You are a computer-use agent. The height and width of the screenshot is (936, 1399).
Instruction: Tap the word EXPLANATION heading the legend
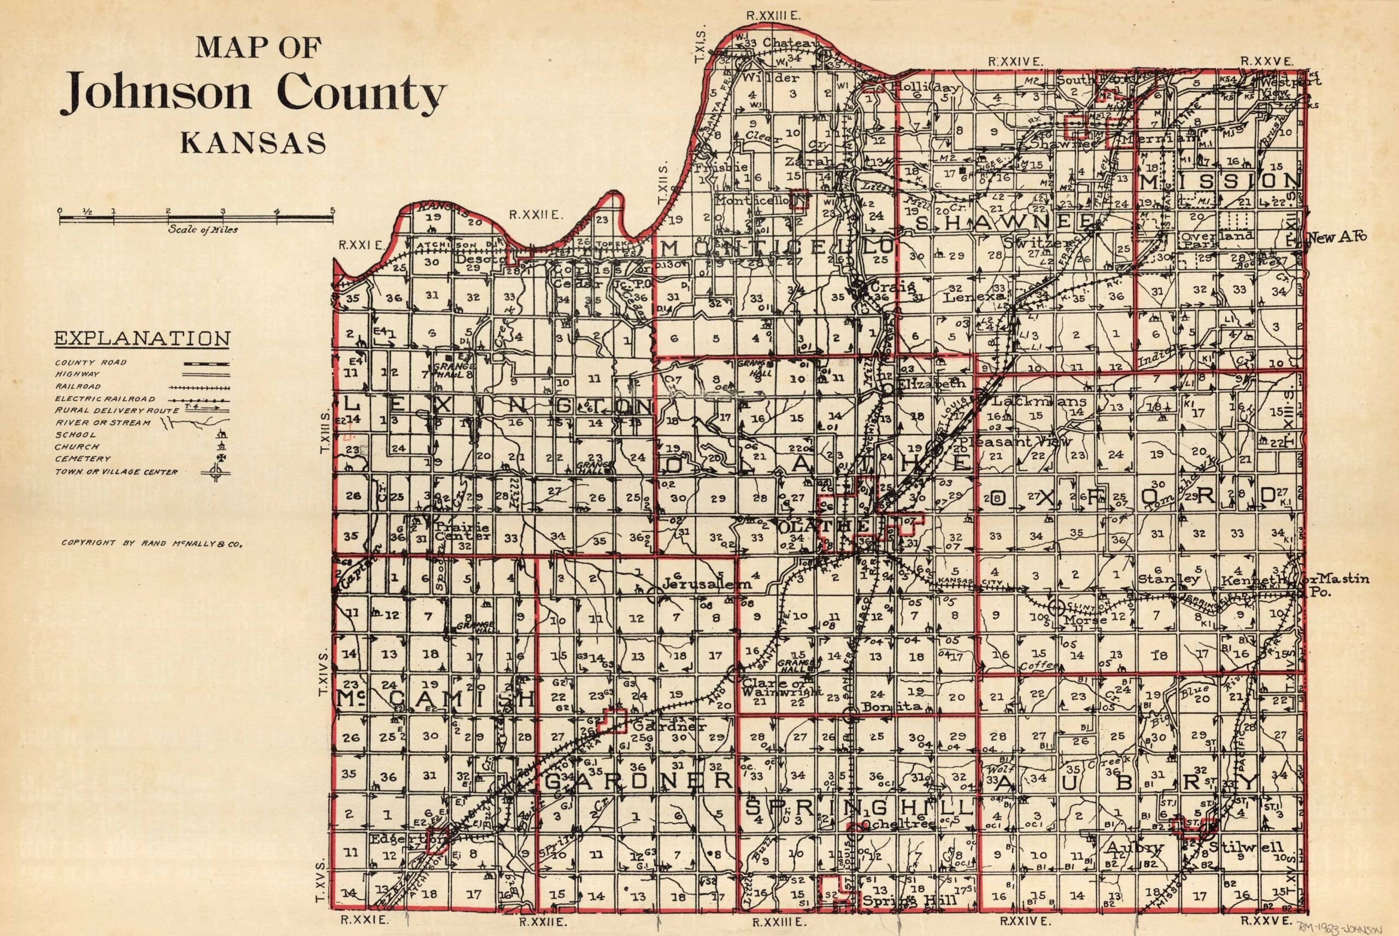point(142,338)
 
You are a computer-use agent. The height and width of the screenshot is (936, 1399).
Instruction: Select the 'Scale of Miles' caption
point(203,230)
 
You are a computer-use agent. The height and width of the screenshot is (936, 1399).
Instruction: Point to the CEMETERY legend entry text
point(83,459)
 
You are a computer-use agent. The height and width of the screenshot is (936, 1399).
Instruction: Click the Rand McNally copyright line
point(151,543)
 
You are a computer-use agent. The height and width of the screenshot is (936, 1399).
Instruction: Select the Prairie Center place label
point(462,532)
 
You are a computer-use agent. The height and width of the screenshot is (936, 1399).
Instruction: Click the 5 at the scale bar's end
point(332,210)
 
